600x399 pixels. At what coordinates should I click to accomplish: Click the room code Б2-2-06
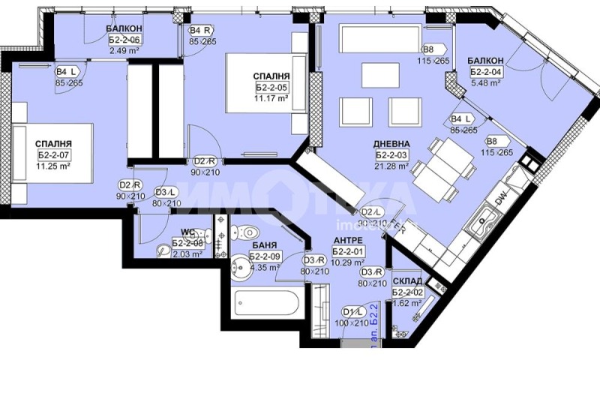click(124, 40)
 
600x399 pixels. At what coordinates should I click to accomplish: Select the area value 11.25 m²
click(53, 166)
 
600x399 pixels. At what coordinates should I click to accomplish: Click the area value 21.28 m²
click(392, 166)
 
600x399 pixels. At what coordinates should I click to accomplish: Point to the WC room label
click(188, 232)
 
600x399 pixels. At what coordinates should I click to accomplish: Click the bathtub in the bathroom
click(267, 304)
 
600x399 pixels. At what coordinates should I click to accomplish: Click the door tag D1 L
click(352, 312)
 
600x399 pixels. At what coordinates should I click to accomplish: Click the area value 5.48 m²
click(484, 83)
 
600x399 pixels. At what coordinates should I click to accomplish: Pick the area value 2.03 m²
click(187, 254)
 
